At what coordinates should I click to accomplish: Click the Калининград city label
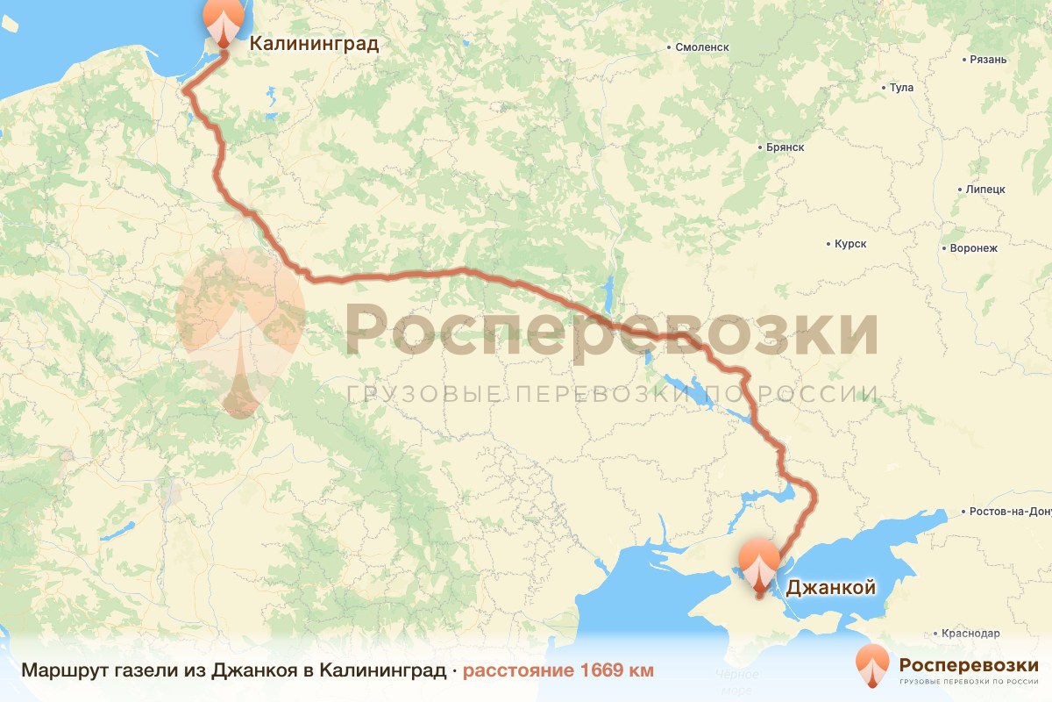(x=314, y=44)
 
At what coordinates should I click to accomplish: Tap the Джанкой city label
(x=829, y=588)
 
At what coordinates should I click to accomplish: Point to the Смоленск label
(x=701, y=47)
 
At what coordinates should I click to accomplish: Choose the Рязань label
(x=989, y=60)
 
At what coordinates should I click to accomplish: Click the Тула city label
(x=901, y=88)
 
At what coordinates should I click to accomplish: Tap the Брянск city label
(x=784, y=147)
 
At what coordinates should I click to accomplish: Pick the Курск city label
(x=850, y=244)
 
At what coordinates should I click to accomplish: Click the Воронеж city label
(x=973, y=248)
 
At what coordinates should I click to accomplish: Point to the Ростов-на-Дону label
(x=1009, y=512)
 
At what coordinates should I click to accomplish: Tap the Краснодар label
(x=970, y=633)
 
